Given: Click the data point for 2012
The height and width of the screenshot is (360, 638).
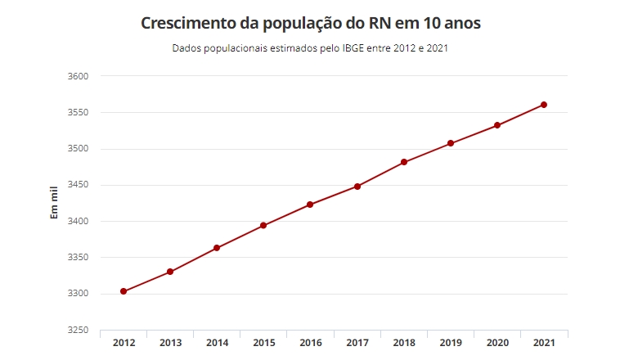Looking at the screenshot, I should tap(124, 291).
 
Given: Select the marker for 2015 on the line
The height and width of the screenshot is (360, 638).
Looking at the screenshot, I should tap(263, 225).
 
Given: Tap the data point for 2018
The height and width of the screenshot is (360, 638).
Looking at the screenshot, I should tap(404, 162).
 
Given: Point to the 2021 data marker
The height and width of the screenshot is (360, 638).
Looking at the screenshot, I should tap(544, 105).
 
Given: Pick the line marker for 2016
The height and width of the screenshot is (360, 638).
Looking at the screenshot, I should tap(310, 205).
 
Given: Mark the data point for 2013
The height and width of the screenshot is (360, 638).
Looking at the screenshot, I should tap(170, 272).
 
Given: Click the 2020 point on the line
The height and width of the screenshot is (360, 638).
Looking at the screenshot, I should tap(497, 125).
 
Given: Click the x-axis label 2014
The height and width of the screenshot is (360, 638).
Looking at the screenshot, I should tap(217, 343).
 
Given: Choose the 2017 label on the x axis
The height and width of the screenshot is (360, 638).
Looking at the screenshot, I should tap(357, 343).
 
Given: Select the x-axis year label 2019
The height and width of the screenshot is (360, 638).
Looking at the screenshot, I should tap(451, 343).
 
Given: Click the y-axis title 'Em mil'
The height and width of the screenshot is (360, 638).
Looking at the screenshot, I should tap(55, 203).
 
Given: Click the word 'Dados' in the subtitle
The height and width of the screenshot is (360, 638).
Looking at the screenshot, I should tap(186, 48).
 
